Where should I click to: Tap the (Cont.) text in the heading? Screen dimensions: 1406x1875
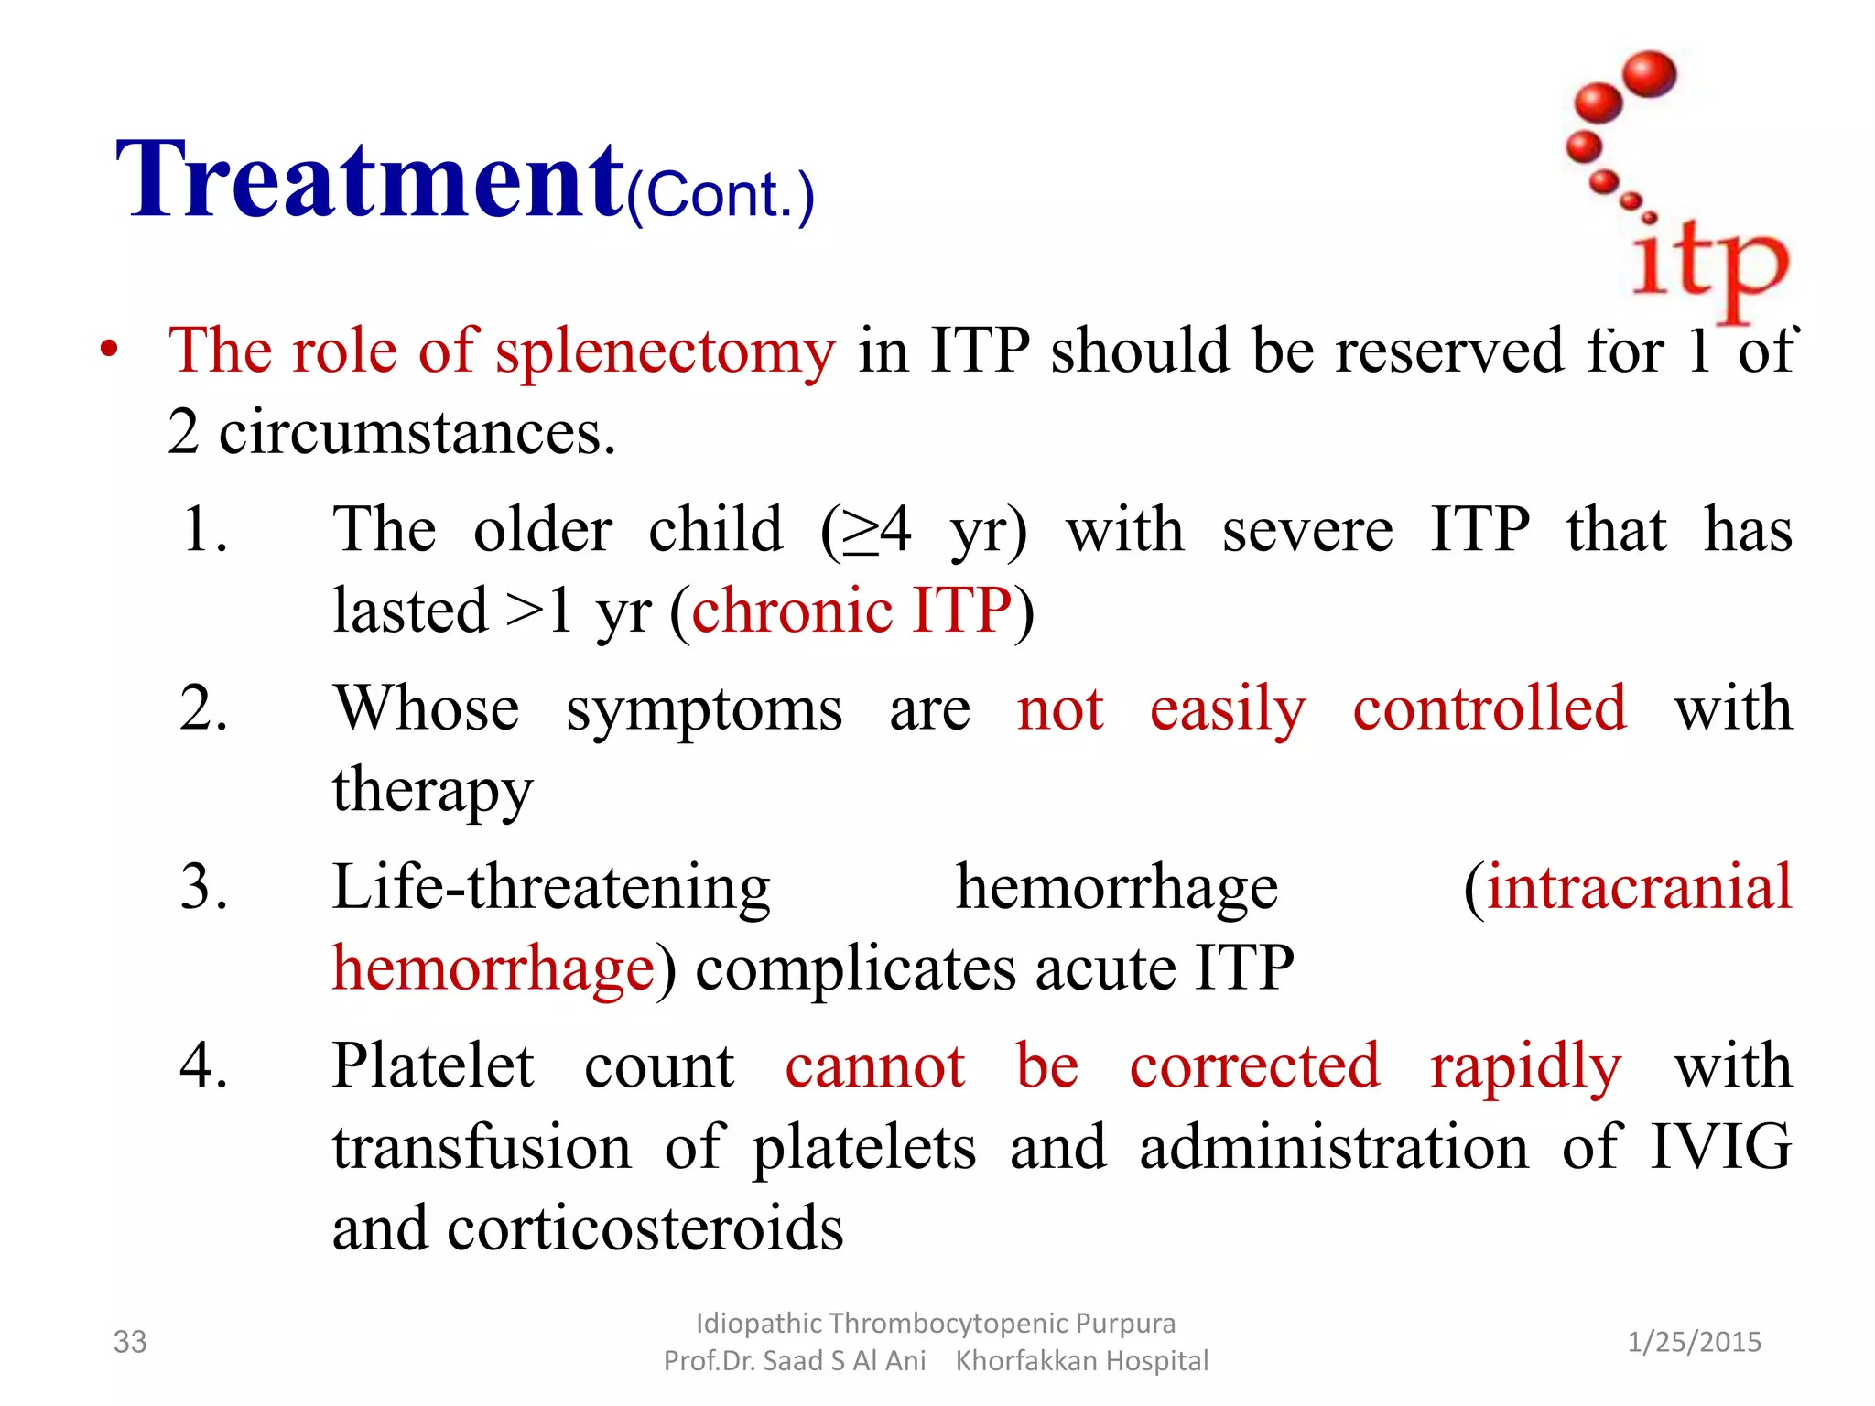[721, 195]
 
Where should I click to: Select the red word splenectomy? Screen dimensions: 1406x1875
[665, 351]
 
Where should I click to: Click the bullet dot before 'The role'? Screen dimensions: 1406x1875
[109, 350]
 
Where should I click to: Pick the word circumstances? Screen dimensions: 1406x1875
[417, 432]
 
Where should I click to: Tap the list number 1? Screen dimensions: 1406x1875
[203, 530]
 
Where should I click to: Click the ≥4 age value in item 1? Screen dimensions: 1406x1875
[876, 530]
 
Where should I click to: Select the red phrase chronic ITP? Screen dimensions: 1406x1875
[851, 611]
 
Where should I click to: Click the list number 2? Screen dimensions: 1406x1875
[203, 708]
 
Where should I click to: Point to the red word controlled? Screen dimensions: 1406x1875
[1490, 708]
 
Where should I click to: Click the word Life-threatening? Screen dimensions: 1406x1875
[551, 887]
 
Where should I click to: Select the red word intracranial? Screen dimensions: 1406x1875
[1638, 887]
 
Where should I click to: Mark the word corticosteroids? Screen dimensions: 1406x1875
[645, 1228]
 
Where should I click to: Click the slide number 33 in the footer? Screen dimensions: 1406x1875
[130, 1342]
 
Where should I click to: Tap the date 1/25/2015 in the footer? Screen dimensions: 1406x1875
[1694, 1342]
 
